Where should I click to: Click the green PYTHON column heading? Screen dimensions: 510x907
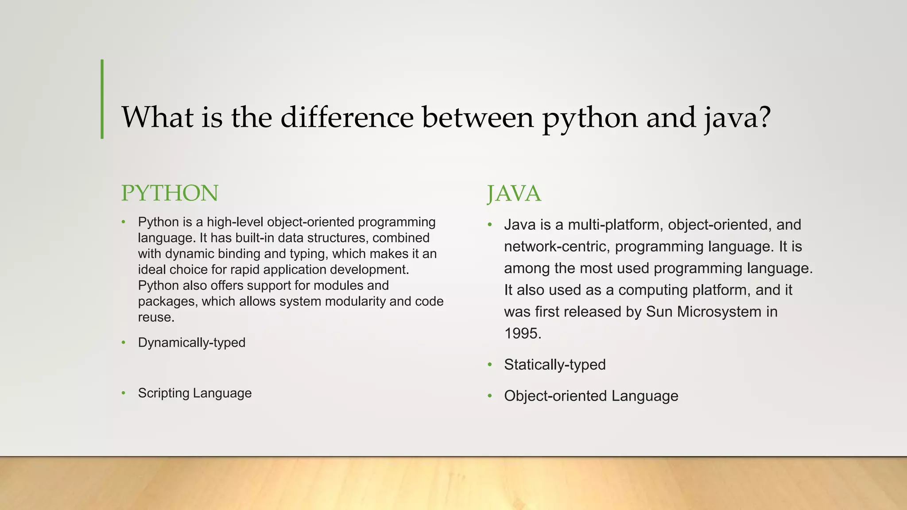point(170,193)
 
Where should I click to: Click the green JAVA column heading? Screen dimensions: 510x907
point(514,194)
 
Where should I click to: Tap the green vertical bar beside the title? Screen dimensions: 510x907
point(102,99)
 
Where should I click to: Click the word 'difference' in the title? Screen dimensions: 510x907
point(347,117)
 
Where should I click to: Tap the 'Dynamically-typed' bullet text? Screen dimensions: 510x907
point(191,343)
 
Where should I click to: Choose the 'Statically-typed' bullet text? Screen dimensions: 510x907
point(554,365)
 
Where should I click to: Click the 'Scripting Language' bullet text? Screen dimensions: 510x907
point(194,393)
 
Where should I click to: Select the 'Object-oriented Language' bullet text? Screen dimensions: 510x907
point(591,396)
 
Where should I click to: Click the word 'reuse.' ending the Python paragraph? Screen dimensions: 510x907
point(156,317)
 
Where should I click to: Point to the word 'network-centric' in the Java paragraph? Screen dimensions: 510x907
point(557,247)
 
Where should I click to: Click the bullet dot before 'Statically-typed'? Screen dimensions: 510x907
point(490,365)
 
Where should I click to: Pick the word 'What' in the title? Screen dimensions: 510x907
point(157,117)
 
